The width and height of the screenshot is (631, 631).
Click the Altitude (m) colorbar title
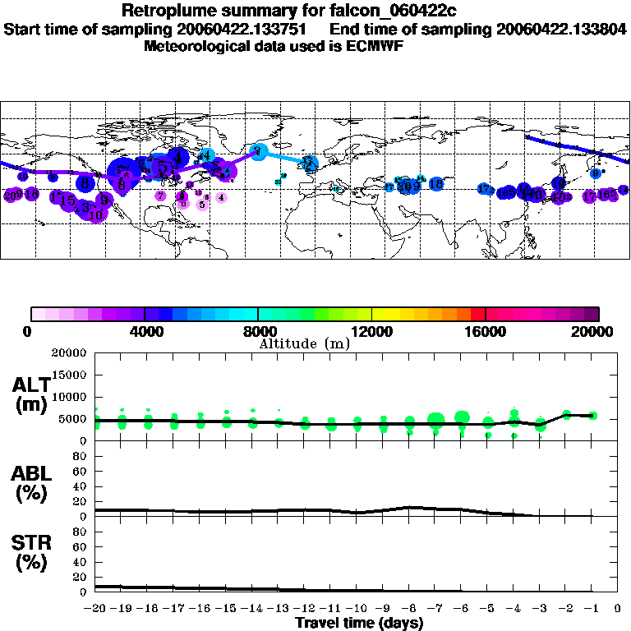[x=304, y=343]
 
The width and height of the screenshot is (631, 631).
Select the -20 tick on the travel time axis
[x=95, y=610]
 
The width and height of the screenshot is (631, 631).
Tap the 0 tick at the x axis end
[x=618, y=610]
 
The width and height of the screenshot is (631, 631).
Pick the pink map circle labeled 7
[x=160, y=196]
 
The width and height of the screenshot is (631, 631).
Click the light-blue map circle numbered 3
[x=259, y=150]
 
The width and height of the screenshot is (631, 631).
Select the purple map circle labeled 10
[x=96, y=214]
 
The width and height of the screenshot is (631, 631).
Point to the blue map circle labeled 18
[x=436, y=184]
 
